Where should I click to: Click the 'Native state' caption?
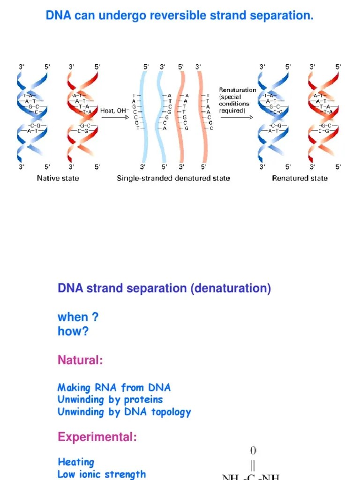[58, 178]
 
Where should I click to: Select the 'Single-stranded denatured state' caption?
[173, 178]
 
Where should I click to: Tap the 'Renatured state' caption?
[300, 178]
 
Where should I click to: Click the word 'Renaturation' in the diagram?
[238, 90]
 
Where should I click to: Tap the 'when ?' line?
[78, 317]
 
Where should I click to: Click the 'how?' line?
[73, 331]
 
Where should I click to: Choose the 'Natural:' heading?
[80, 360]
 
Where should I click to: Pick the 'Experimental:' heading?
[97, 437]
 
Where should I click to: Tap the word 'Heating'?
[76, 462]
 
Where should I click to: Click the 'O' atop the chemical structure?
[253, 451]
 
